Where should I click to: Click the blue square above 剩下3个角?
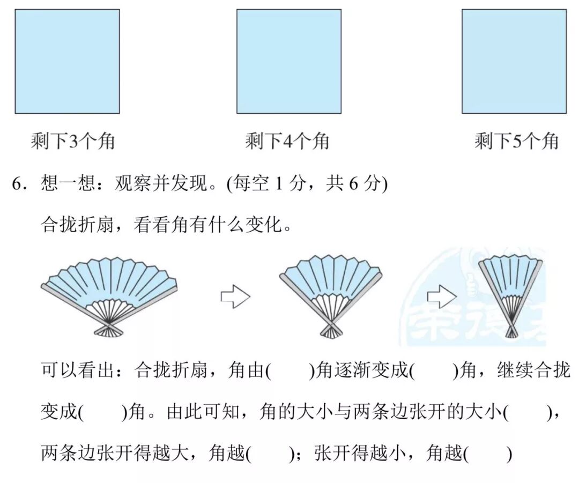click(x=67, y=61)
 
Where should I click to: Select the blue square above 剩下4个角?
click(x=289, y=61)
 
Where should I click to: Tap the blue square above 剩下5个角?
click(x=514, y=61)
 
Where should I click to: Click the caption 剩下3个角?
click(x=73, y=142)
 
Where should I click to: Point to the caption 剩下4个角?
click(x=287, y=142)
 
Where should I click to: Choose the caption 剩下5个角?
click(x=516, y=142)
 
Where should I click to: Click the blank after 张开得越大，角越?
click(x=270, y=455)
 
